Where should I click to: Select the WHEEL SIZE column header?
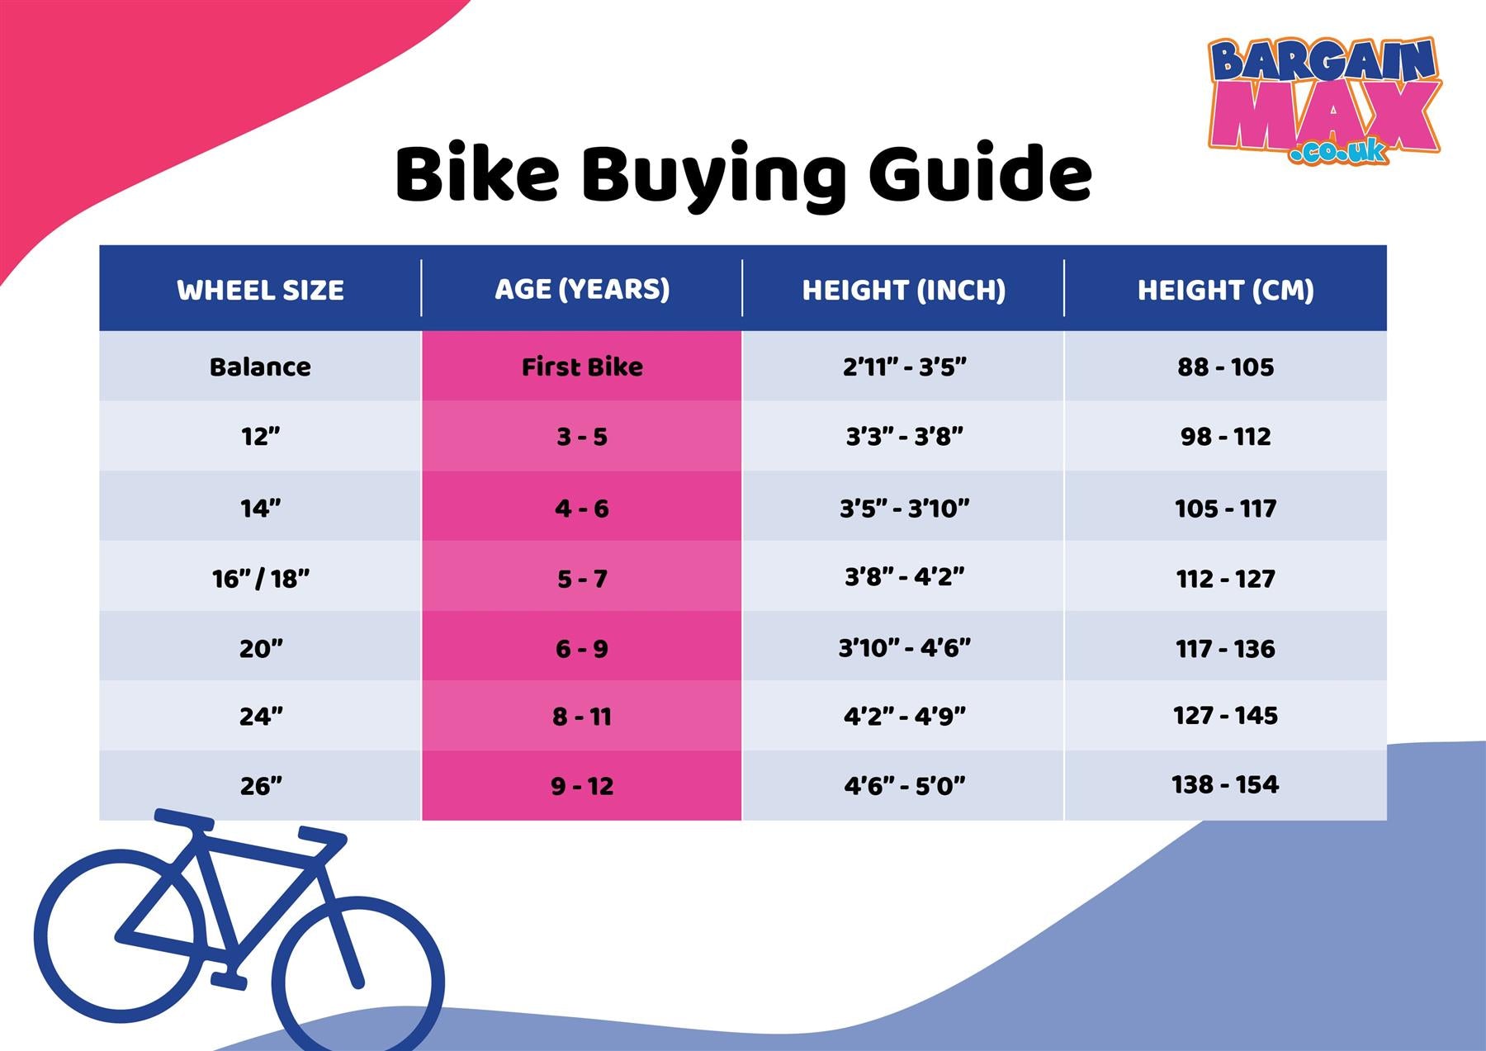pyautogui.click(x=260, y=290)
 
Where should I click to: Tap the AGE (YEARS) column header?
pyautogui.click(x=582, y=289)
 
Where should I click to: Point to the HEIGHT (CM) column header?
pyautogui.click(x=1225, y=290)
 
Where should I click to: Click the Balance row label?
pyautogui.click(x=260, y=367)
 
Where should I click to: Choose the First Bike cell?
pyautogui.click(x=582, y=367)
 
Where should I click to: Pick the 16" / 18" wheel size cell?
pyautogui.click(x=260, y=579)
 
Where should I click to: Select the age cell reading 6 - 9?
pyautogui.click(x=582, y=649)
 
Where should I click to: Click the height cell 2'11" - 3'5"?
pyautogui.click(x=904, y=367)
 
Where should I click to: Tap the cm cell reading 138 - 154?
pyautogui.click(x=1225, y=784)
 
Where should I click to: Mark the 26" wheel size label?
pyautogui.click(x=261, y=786)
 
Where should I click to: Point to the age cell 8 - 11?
pyautogui.click(x=582, y=717)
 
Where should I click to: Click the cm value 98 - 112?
pyautogui.click(x=1225, y=437)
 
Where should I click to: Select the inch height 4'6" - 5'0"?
pyautogui.click(x=904, y=786)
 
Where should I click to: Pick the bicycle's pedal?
pyautogui.click(x=229, y=981)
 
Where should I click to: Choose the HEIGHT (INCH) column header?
pyautogui.click(x=904, y=290)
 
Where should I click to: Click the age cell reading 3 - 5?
pyautogui.click(x=582, y=437)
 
